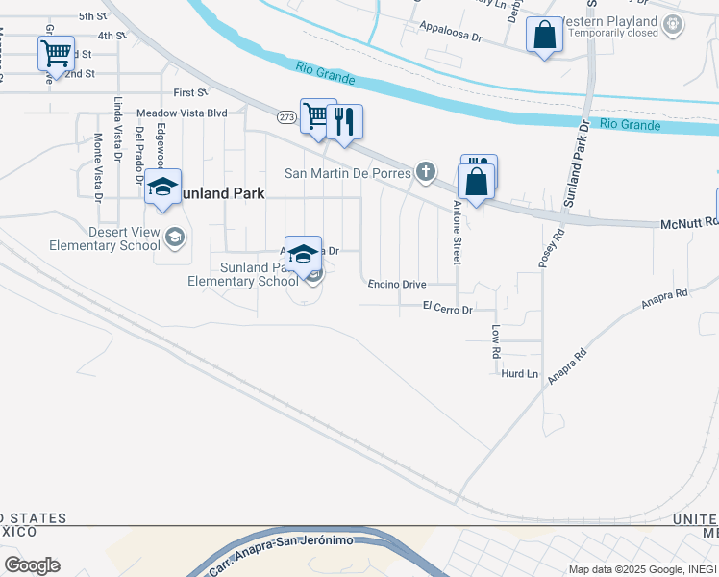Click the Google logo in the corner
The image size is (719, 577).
click(32, 565)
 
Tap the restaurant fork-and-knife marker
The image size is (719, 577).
click(344, 122)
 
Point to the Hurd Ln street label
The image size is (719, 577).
click(519, 373)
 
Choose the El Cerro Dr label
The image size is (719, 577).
click(448, 310)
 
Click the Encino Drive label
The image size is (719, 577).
click(397, 285)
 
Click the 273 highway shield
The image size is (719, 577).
click(286, 117)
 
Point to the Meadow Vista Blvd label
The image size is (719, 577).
click(182, 113)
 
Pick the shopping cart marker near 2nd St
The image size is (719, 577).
click(56, 52)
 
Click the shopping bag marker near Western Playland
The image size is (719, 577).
click(544, 36)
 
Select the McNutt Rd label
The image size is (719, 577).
click(689, 223)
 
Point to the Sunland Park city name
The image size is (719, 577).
click(221, 193)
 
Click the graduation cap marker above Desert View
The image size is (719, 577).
click(162, 187)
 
